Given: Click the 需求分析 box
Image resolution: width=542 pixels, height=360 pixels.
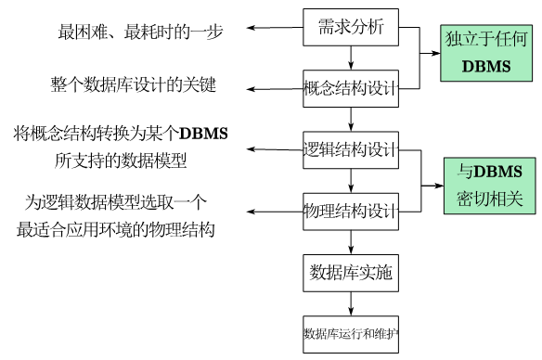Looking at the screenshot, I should [351, 30].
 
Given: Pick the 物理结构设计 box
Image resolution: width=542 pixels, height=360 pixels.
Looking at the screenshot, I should [351, 211].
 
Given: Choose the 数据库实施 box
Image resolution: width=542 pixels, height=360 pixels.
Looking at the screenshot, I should [351, 272].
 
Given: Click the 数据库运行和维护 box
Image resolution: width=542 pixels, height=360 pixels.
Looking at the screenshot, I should [351, 332].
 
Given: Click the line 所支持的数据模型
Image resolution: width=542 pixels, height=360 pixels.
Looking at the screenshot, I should [121, 161].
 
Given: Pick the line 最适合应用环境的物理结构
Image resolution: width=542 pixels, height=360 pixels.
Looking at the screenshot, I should [116, 229].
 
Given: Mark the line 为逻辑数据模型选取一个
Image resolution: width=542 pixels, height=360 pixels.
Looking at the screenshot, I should [116, 201].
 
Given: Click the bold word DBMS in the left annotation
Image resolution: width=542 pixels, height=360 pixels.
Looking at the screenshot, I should [203, 134].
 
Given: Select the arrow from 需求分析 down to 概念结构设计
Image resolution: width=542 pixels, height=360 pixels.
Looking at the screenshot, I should [351, 60].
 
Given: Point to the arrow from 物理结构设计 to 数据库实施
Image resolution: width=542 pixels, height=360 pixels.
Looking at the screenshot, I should [351, 241].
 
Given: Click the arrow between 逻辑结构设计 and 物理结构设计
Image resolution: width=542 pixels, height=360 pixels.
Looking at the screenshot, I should [351, 180].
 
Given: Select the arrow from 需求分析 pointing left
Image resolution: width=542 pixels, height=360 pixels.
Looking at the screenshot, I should [275, 28].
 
